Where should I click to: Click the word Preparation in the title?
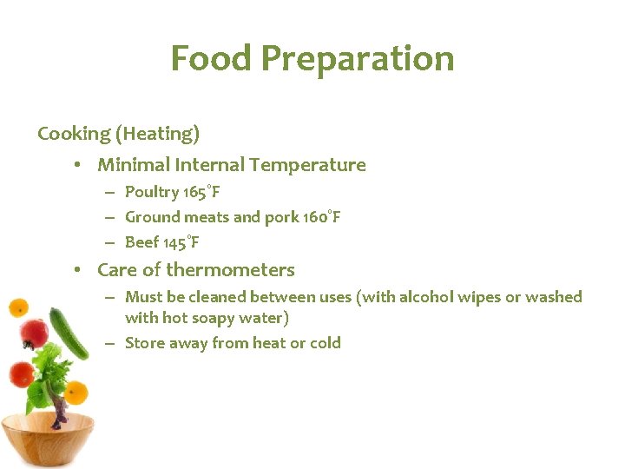click(x=357, y=59)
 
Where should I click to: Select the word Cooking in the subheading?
click(x=73, y=134)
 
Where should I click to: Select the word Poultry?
click(x=151, y=192)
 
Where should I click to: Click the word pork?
click(x=280, y=217)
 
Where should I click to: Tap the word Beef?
click(x=141, y=242)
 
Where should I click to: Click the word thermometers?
click(x=230, y=270)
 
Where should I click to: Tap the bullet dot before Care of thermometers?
click(x=78, y=270)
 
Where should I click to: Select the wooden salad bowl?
click(x=48, y=439)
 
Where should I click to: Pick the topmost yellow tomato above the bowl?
click(x=17, y=307)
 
